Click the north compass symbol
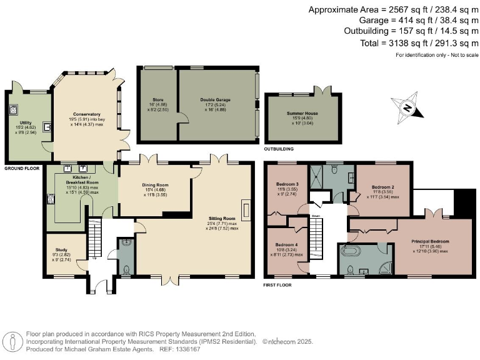[x=407, y=108]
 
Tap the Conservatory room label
[x=86, y=114]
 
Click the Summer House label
[x=302, y=113]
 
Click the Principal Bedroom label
[x=430, y=241]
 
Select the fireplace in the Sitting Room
[x=246, y=209]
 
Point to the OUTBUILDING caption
[x=279, y=149]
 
